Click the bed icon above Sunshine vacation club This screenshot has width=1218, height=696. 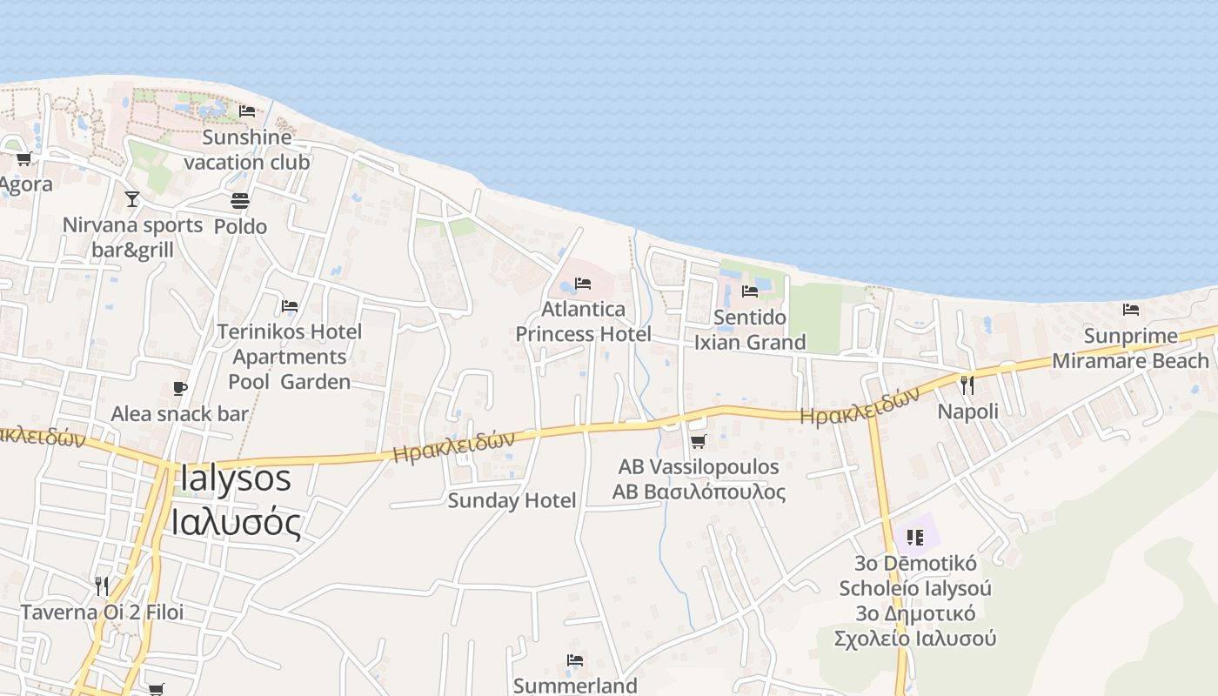[247, 110]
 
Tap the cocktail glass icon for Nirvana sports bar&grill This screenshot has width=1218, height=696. [131, 199]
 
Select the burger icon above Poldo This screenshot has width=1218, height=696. [240, 201]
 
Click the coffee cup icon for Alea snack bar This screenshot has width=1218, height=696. [180, 388]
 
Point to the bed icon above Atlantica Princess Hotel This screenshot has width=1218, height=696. [583, 284]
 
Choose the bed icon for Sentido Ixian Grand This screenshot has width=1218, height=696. [749, 291]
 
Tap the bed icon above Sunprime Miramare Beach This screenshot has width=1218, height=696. [1131, 309]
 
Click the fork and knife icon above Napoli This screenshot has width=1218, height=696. [967, 385]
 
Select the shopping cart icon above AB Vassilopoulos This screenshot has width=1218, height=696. [698, 441]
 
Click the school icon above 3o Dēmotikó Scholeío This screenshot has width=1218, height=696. [913, 537]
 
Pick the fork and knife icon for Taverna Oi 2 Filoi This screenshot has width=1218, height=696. [102, 586]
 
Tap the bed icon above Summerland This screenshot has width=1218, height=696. [574, 660]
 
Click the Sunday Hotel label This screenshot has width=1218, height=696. [512, 500]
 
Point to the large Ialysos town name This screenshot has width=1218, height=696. [235, 478]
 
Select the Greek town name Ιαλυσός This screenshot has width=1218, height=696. [235, 524]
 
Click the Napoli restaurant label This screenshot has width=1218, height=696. [967, 411]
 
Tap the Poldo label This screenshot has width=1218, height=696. [240, 226]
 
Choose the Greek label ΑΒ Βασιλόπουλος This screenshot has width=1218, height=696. [699, 492]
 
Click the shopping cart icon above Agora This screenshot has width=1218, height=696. [24, 158]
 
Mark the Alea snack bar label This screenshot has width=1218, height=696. [179, 414]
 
